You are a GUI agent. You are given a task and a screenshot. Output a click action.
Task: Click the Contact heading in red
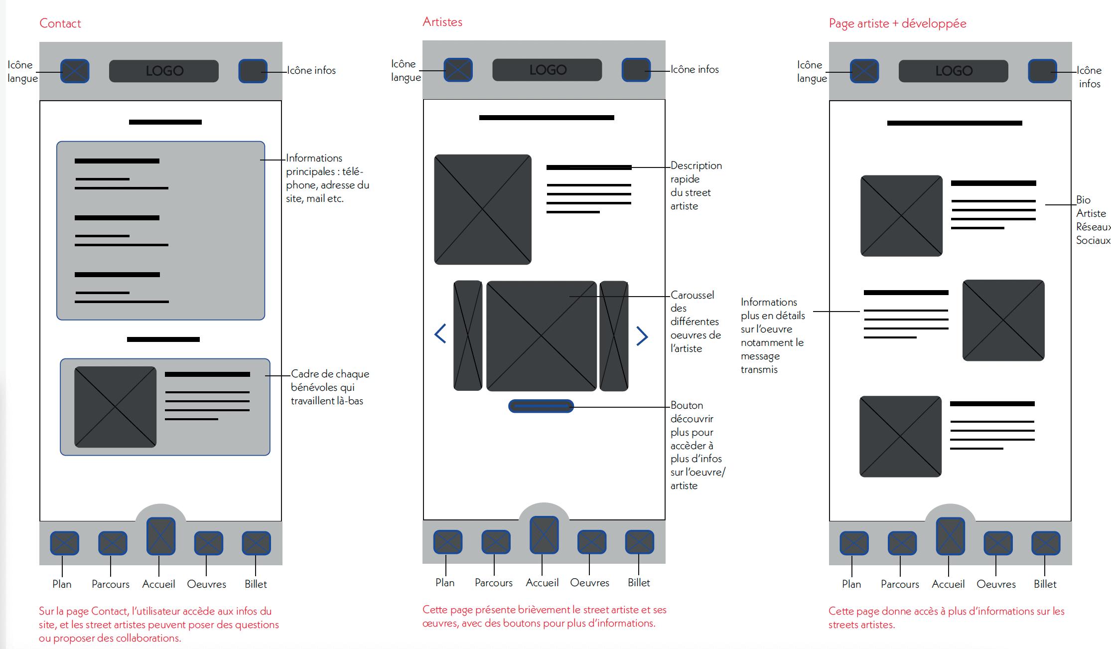pyautogui.click(x=60, y=23)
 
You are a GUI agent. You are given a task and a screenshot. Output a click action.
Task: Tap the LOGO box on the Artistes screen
pyautogui.click(x=547, y=70)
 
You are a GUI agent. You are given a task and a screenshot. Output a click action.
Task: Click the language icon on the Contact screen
pyautogui.click(x=75, y=71)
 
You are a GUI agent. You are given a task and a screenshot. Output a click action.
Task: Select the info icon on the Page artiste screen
pyautogui.click(x=1042, y=71)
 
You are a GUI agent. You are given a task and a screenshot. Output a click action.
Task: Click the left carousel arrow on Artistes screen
pyautogui.click(x=440, y=333)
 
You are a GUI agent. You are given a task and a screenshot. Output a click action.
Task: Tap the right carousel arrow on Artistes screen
pyautogui.click(x=642, y=336)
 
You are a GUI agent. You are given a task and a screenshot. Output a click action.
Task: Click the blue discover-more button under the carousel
pyautogui.click(x=541, y=406)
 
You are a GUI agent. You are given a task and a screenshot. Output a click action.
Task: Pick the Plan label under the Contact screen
pyautogui.click(x=62, y=584)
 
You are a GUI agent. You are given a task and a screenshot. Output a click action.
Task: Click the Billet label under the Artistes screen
pyautogui.click(x=639, y=583)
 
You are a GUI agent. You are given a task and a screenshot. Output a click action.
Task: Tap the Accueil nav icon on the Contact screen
pyautogui.click(x=160, y=536)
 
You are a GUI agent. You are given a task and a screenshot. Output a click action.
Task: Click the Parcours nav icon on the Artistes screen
pyautogui.click(x=496, y=542)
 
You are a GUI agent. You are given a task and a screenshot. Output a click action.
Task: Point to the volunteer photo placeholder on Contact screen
pyautogui.click(x=115, y=407)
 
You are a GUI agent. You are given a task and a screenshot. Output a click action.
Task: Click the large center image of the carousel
pyautogui.click(x=541, y=336)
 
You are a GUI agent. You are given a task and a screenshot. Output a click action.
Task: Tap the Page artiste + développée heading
pyautogui.click(x=897, y=23)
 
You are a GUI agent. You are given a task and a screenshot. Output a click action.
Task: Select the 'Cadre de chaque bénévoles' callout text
pyautogui.click(x=329, y=387)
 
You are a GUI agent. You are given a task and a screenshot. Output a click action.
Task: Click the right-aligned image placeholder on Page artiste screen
pyautogui.click(x=1003, y=320)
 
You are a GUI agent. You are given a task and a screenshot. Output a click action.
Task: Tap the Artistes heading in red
pyautogui.click(x=442, y=22)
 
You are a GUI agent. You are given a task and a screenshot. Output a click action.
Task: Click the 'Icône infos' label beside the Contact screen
pyautogui.click(x=311, y=70)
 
